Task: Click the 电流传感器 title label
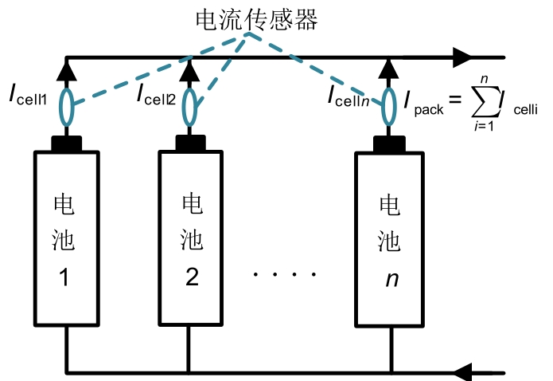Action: (256, 21)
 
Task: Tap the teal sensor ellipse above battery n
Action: (389, 106)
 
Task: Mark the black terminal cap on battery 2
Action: (189, 144)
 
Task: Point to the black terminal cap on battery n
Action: (389, 144)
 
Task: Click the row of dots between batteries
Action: (285, 275)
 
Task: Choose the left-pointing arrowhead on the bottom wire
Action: (462, 372)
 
